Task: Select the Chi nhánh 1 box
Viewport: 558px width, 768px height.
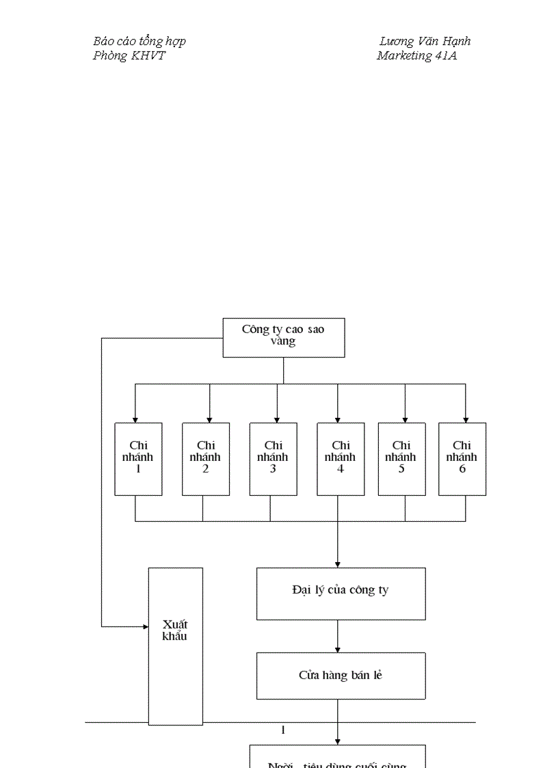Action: (x=138, y=459)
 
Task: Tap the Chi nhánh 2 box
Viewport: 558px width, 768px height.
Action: (x=205, y=459)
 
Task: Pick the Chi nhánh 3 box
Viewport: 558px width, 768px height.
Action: (x=273, y=459)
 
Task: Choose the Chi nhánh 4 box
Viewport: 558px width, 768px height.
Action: (x=340, y=459)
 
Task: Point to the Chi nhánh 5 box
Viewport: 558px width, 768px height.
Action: (x=401, y=459)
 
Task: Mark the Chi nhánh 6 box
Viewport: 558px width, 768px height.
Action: (x=462, y=459)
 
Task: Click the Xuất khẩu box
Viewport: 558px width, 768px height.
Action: (x=175, y=646)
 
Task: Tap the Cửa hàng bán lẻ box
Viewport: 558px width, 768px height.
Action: (x=341, y=676)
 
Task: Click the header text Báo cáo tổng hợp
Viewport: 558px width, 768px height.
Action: (x=139, y=41)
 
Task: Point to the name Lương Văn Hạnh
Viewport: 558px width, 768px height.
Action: (x=425, y=41)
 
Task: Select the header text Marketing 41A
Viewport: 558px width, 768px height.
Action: (x=416, y=56)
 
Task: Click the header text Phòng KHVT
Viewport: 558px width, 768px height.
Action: (x=129, y=56)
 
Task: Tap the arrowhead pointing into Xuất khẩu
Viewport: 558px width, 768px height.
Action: (x=145, y=626)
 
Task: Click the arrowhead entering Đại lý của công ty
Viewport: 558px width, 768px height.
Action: (x=337, y=564)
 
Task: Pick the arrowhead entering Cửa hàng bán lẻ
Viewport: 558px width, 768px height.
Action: (x=337, y=649)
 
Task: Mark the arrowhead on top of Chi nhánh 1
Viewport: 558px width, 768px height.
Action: (x=135, y=419)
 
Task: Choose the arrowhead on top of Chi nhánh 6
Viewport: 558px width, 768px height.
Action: (x=466, y=419)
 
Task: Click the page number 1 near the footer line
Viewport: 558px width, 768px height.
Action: (x=283, y=730)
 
